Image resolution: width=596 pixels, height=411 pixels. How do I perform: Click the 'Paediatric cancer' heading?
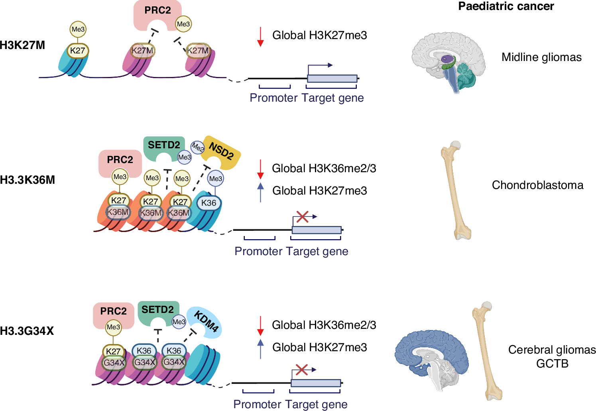(506, 6)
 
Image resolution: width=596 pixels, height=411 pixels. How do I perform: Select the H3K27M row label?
(23, 45)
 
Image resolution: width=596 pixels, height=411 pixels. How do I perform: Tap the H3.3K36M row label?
(28, 180)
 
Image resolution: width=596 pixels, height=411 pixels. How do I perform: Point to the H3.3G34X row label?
(27, 331)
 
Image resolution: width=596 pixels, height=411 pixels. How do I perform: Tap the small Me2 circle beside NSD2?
(197, 147)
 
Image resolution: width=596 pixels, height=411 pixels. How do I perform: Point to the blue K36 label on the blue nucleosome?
(209, 203)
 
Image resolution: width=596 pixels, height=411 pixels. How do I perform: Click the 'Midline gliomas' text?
(541, 57)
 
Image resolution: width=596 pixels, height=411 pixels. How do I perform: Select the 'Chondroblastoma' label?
(537, 185)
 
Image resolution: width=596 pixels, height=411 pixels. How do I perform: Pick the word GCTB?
(552, 364)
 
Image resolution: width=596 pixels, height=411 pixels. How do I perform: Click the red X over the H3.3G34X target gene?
(301, 370)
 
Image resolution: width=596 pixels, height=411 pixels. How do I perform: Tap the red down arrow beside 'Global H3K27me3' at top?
(260, 37)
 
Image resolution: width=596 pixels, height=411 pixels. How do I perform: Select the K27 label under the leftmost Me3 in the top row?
(77, 51)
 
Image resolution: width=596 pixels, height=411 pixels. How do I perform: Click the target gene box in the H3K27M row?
(332, 78)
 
